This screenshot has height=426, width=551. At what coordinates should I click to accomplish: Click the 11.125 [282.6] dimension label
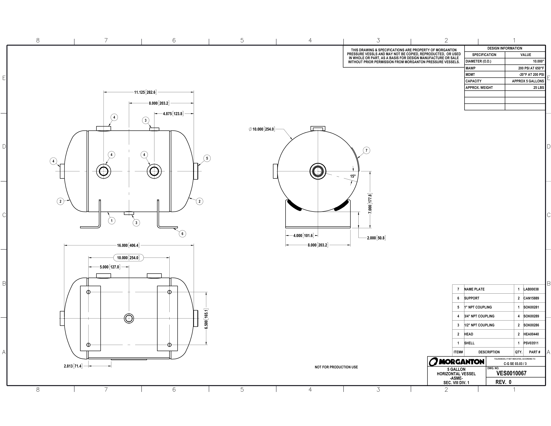[145, 92]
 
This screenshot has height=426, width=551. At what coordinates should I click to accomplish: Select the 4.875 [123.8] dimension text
[173, 114]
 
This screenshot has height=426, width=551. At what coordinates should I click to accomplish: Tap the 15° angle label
[353, 176]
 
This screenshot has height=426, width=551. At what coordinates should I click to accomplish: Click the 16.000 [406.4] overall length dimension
[128, 245]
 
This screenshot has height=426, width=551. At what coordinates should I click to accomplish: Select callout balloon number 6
[182, 234]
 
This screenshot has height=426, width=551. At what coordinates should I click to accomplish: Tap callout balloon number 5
[207, 158]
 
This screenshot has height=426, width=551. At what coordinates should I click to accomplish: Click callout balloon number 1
[112, 221]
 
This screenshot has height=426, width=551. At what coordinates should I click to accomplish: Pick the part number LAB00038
[531, 289]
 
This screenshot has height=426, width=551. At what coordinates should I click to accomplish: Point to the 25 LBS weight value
[539, 88]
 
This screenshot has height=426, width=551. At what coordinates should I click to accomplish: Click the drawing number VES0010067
[511, 373]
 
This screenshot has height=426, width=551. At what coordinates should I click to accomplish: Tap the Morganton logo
[457, 362]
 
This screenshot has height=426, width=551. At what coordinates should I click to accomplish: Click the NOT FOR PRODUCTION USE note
[336, 367]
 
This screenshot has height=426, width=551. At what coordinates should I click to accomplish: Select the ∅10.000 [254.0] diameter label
[262, 129]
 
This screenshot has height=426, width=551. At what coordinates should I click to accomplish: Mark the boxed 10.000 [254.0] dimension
[128, 258]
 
